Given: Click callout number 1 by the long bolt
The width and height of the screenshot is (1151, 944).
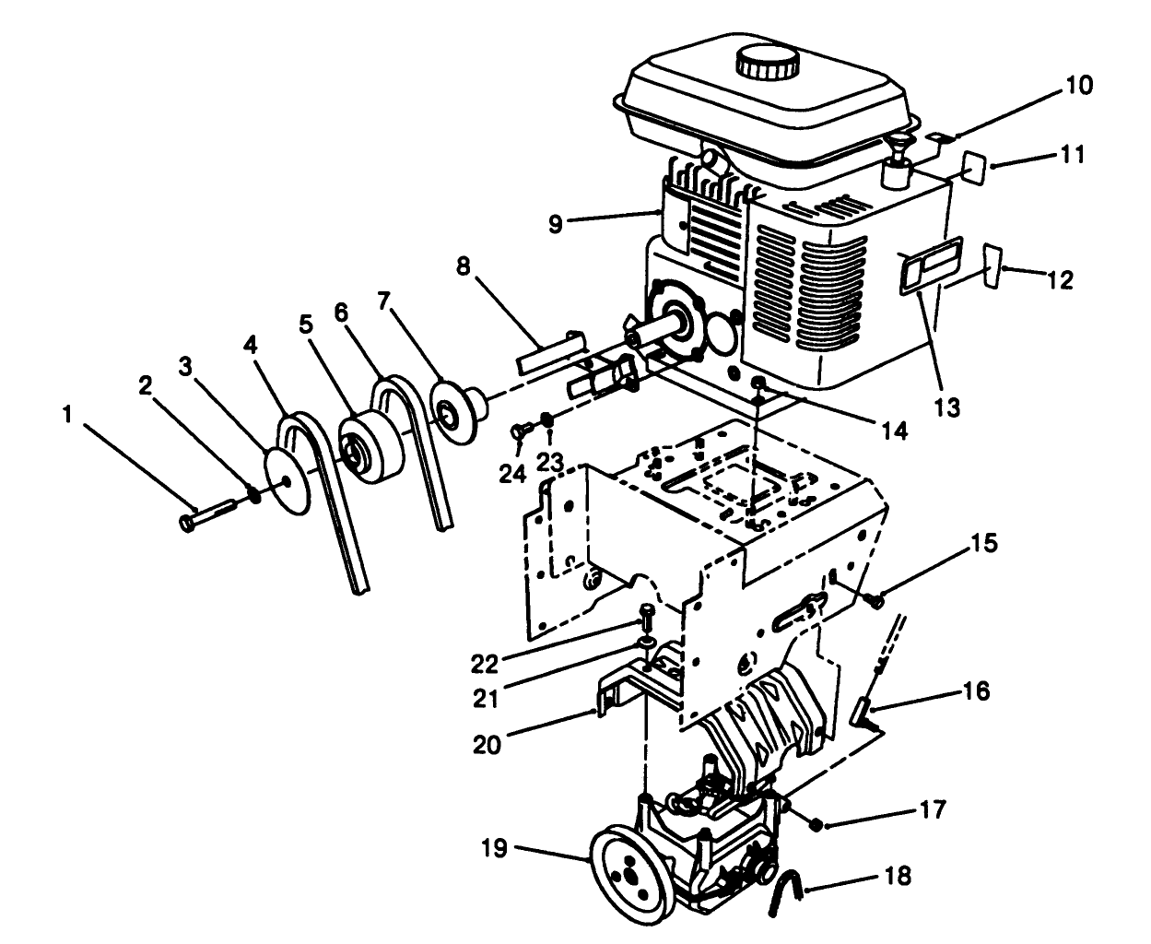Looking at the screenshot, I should [x=67, y=417].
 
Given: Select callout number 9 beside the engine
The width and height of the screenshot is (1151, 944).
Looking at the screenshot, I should [x=555, y=223].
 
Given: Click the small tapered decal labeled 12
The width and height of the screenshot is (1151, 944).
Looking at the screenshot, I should [x=992, y=265].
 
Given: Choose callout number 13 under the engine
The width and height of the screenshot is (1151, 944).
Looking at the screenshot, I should [x=947, y=406].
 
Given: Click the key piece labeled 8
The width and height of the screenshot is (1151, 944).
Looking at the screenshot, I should [x=550, y=352].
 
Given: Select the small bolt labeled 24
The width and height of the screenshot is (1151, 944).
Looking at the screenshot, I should [x=523, y=429].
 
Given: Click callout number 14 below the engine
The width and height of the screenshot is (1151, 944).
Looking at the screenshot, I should [x=893, y=430].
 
